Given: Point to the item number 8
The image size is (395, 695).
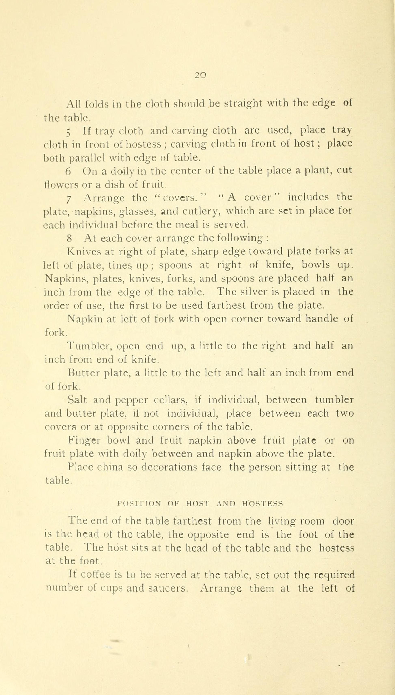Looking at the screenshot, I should (69, 239).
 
